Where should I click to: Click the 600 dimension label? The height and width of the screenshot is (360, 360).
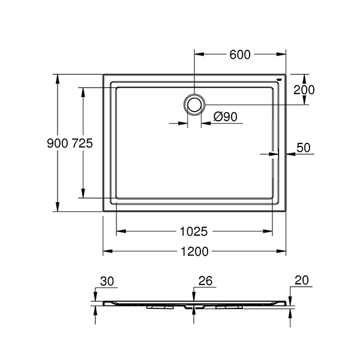(240, 55)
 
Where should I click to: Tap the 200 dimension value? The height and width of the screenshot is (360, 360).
(304, 90)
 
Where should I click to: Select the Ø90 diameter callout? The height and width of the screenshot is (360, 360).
(225, 117)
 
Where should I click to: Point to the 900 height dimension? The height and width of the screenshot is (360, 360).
(58, 143)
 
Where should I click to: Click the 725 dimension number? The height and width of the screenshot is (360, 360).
(82, 143)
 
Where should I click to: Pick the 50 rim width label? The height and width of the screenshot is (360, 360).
(304, 148)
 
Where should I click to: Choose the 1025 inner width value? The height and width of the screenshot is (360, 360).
(194, 232)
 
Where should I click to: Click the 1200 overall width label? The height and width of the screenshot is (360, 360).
(194, 251)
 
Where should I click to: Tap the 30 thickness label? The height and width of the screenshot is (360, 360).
(107, 281)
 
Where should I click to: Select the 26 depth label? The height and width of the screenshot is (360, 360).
(205, 281)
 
